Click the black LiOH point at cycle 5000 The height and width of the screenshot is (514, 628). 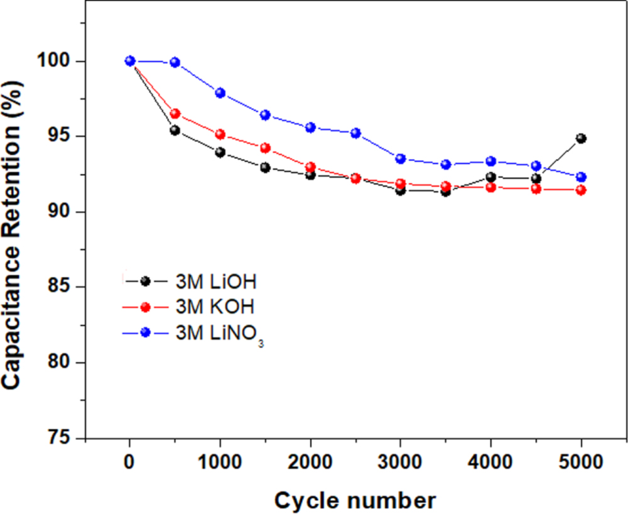581,138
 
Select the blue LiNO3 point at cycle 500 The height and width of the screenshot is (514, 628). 175,62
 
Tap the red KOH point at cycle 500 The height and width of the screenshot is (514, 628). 175,114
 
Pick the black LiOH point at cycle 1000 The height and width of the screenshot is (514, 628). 220,152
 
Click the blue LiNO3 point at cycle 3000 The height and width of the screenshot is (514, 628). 401,158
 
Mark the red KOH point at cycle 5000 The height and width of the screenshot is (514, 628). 581,190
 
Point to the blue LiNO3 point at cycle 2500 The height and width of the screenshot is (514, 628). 355,133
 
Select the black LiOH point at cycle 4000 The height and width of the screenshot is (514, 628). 491,177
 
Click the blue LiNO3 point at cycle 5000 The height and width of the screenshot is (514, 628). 581,177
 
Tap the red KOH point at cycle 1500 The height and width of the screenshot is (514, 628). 266,148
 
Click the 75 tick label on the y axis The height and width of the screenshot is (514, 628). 63,438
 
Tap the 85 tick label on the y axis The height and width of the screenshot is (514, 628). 63,287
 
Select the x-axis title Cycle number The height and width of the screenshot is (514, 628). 354,500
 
